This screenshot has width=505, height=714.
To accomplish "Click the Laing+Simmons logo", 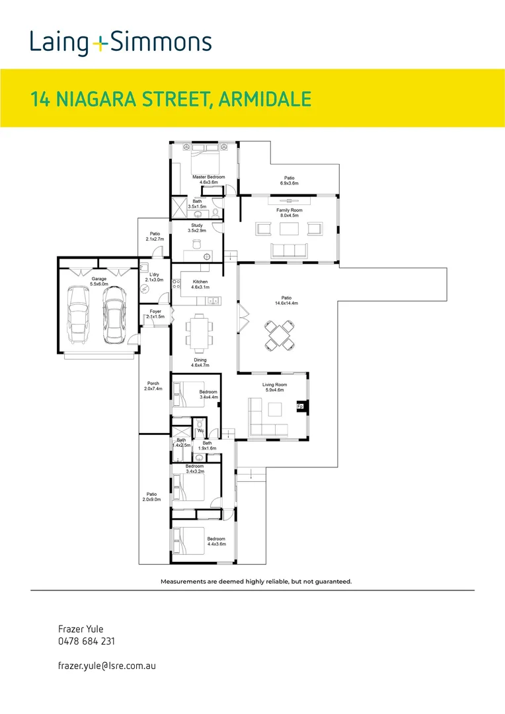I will click(x=120, y=43).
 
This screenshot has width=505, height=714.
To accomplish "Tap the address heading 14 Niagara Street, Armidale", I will click(x=171, y=99).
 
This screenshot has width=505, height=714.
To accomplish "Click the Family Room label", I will click(x=289, y=213).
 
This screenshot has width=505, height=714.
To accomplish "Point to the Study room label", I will click(x=197, y=228).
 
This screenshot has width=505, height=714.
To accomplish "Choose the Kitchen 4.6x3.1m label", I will click(x=200, y=284).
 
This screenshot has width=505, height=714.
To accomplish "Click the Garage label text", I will click(x=99, y=282).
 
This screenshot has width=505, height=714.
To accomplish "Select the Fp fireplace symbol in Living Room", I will click(x=300, y=407).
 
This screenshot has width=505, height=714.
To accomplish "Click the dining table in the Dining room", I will click(x=199, y=331).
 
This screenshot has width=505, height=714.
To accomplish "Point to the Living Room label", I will click(x=274, y=387).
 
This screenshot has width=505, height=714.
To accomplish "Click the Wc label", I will click(x=200, y=431).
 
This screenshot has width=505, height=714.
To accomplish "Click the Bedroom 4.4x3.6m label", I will click(x=216, y=541).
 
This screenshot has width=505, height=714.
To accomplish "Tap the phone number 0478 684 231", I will click(x=87, y=641).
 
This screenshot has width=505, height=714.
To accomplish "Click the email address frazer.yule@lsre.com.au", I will click(x=106, y=667).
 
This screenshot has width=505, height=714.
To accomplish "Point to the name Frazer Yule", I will click(x=81, y=629).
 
